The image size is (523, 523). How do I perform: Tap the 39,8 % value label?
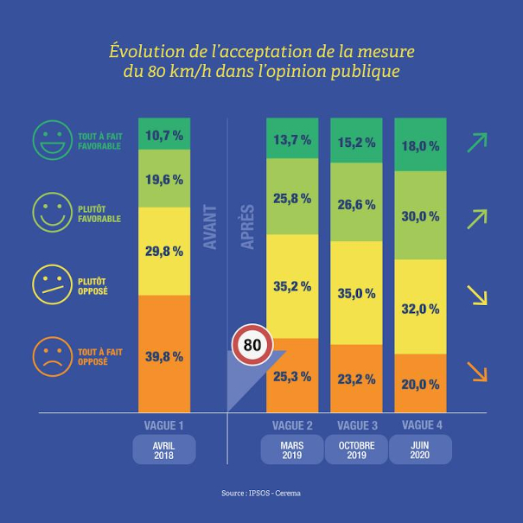(x=164, y=356)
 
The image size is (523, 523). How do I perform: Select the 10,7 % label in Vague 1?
(x=164, y=135)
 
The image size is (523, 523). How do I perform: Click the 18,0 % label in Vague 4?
(x=420, y=146)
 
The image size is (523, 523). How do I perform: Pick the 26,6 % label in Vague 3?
(x=357, y=205)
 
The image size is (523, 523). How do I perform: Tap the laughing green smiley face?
(x=53, y=139)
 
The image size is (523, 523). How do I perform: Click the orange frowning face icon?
(x=53, y=355)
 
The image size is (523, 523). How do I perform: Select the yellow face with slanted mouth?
(x=53, y=284)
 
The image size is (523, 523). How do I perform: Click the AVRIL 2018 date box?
(x=164, y=450)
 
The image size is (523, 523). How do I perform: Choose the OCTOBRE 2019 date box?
(x=356, y=450)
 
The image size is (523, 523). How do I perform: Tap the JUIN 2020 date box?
(x=420, y=450)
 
